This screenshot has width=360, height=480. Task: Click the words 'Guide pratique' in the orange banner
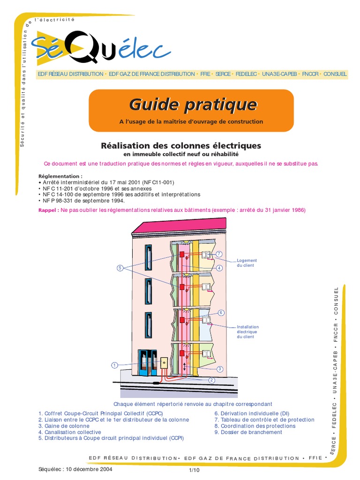click(193, 104)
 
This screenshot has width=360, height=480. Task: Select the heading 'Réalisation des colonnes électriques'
click(181, 146)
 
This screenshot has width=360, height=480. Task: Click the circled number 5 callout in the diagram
click(120, 268)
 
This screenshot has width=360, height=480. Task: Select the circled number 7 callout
click(218, 254)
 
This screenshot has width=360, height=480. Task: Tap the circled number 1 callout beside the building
click(113, 365)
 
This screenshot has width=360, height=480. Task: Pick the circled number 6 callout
click(221, 312)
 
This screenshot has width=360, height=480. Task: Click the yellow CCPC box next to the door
click(164, 364)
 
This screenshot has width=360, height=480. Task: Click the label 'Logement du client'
click(247, 262)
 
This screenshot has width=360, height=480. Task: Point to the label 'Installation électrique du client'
click(247, 332)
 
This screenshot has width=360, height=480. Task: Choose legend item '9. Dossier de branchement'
click(248, 432)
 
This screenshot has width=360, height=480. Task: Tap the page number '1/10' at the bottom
click(194, 470)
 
